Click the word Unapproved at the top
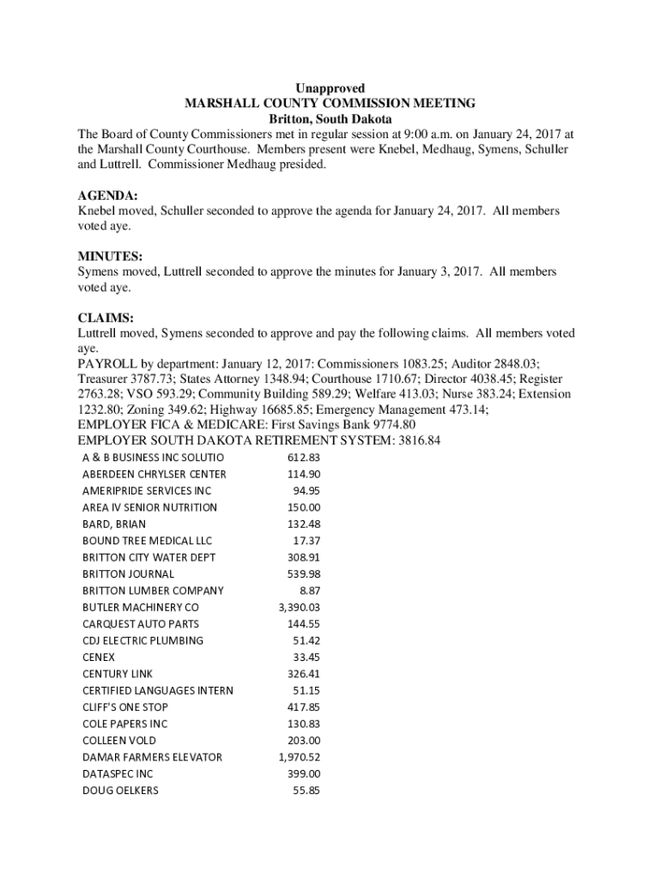pos(330,88)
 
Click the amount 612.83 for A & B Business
pos(304,458)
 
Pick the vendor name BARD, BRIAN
pos(114,524)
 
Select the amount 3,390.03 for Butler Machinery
pos(299,607)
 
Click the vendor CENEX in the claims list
pos(99,657)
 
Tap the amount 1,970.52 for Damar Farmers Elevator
pos(299,757)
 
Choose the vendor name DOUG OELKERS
pos(120,790)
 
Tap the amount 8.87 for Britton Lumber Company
pos(310,591)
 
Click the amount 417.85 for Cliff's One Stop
pos(304,707)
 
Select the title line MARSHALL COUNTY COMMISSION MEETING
pos(330,104)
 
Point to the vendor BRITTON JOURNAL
pos(128,573)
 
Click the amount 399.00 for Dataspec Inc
pos(304,773)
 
